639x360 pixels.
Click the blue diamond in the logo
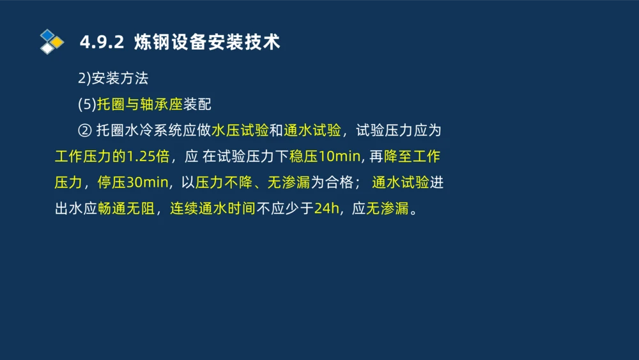47,35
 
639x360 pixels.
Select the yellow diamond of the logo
57,42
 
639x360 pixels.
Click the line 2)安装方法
112,79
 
